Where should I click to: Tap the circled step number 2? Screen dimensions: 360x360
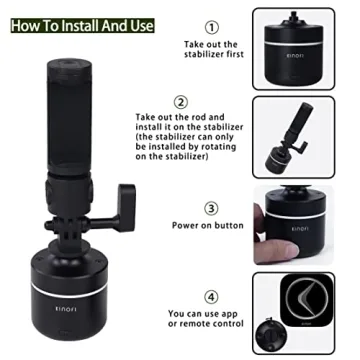[181, 102]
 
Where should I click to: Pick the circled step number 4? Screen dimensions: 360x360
[210, 297]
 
